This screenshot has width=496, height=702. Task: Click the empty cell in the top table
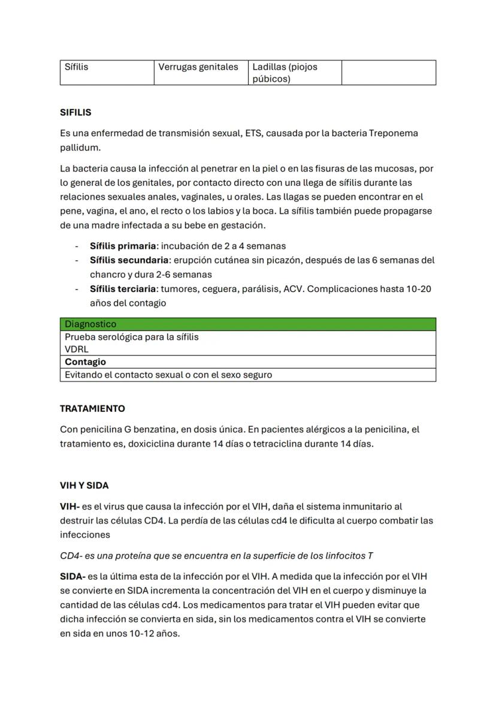(x=388, y=73)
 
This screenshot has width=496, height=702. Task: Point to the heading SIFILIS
(x=75, y=112)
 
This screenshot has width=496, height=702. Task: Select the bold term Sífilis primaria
(x=123, y=246)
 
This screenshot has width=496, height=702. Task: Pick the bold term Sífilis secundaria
(x=129, y=260)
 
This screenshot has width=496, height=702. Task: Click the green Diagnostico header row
(x=247, y=324)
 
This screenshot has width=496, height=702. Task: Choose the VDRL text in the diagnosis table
(x=77, y=349)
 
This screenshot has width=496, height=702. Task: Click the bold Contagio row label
(x=85, y=362)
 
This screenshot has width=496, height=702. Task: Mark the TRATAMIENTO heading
(x=92, y=409)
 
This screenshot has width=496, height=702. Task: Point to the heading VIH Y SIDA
(x=84, y=486)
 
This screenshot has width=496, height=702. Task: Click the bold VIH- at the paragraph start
(x=69, y=507)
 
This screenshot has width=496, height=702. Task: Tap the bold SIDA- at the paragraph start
(x=72, y=577)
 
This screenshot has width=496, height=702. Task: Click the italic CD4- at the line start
(x=70, y=556)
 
